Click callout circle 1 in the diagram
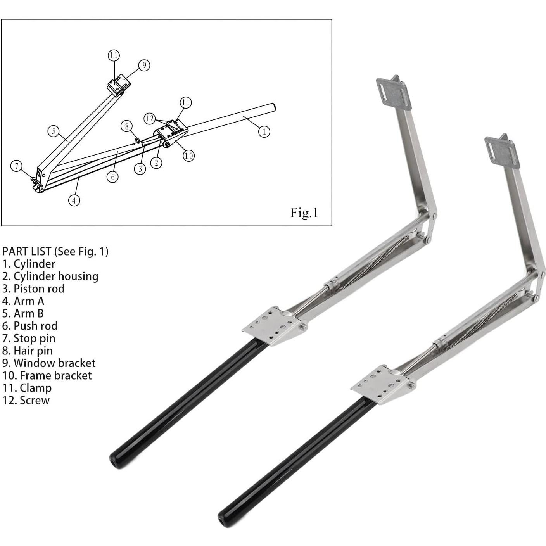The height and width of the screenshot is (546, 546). pos(264,131)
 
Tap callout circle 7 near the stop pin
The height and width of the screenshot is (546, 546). pos(16,166)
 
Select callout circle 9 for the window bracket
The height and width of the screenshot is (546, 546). pos(144,65)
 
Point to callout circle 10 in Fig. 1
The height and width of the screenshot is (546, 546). pos(188,156)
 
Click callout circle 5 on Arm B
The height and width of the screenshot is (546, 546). pos(54,131)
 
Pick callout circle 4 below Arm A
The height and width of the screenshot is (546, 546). pos(74,200)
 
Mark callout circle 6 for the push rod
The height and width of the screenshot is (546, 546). pos(113,177)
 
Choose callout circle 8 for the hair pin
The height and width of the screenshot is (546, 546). pos(126,126)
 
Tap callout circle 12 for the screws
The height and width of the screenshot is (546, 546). pos(150,119)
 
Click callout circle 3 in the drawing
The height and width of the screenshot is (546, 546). pos(140,169)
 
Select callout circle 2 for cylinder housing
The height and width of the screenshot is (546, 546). pos(156,162)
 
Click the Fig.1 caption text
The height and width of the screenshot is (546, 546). pos(304,213)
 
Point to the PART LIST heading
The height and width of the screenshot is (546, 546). pos(55,251)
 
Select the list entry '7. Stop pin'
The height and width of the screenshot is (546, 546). pos(29,338)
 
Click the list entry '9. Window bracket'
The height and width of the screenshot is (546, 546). pos(49,363)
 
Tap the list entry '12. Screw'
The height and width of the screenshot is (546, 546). pos(26,400)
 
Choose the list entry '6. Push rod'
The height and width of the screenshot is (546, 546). pos(30,326)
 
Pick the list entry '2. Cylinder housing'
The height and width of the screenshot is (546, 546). pos(50,276)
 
